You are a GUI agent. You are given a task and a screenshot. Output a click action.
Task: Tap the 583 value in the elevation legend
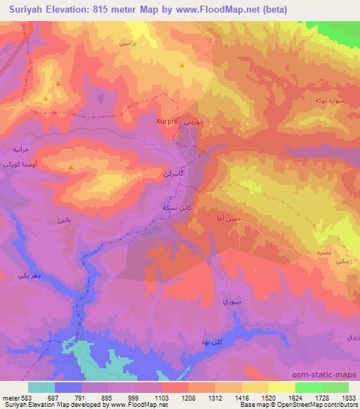click(25, 397)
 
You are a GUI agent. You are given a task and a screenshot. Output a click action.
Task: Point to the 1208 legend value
click(169, 397)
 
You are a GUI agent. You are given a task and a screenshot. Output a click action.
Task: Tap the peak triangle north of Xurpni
click(182, 65)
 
